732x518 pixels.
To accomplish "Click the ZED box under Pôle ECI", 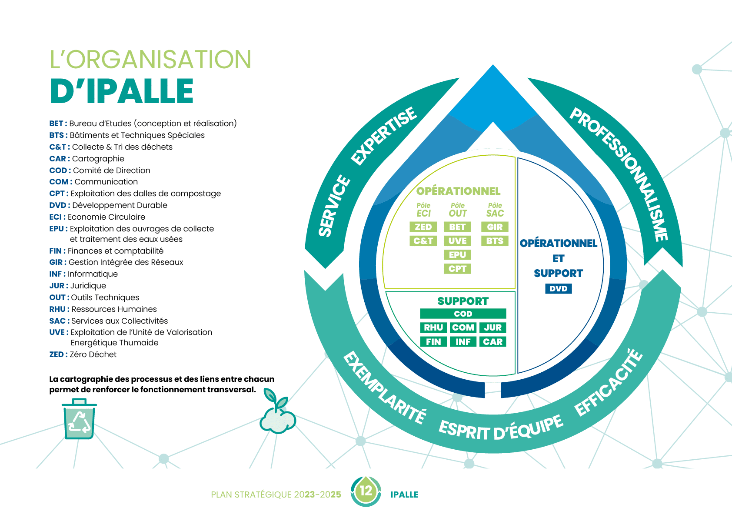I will click(423, 227).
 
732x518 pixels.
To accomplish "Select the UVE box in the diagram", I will click(457, 241).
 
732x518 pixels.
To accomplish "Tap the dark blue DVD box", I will click(558, 289).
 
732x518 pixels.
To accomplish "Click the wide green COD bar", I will click(463, 314).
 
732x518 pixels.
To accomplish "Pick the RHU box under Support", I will click(433, 328).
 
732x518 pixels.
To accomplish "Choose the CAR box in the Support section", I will click(492, 342).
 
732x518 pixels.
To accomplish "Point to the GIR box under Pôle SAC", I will click(495, 227).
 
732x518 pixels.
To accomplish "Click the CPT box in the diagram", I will click(457, 269).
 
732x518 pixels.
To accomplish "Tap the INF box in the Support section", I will click(463, 342).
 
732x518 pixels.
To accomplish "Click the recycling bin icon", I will click(79, 419).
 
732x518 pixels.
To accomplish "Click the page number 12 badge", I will click(366, 491).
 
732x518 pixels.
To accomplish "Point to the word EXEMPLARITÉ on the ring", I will click(384, 388).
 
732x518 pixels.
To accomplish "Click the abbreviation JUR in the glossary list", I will click(57, 286).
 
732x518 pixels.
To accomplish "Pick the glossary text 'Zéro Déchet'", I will click(93, 354).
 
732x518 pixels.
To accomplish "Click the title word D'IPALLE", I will click(122, 91).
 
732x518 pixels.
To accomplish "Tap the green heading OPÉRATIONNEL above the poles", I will click(458, 191).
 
